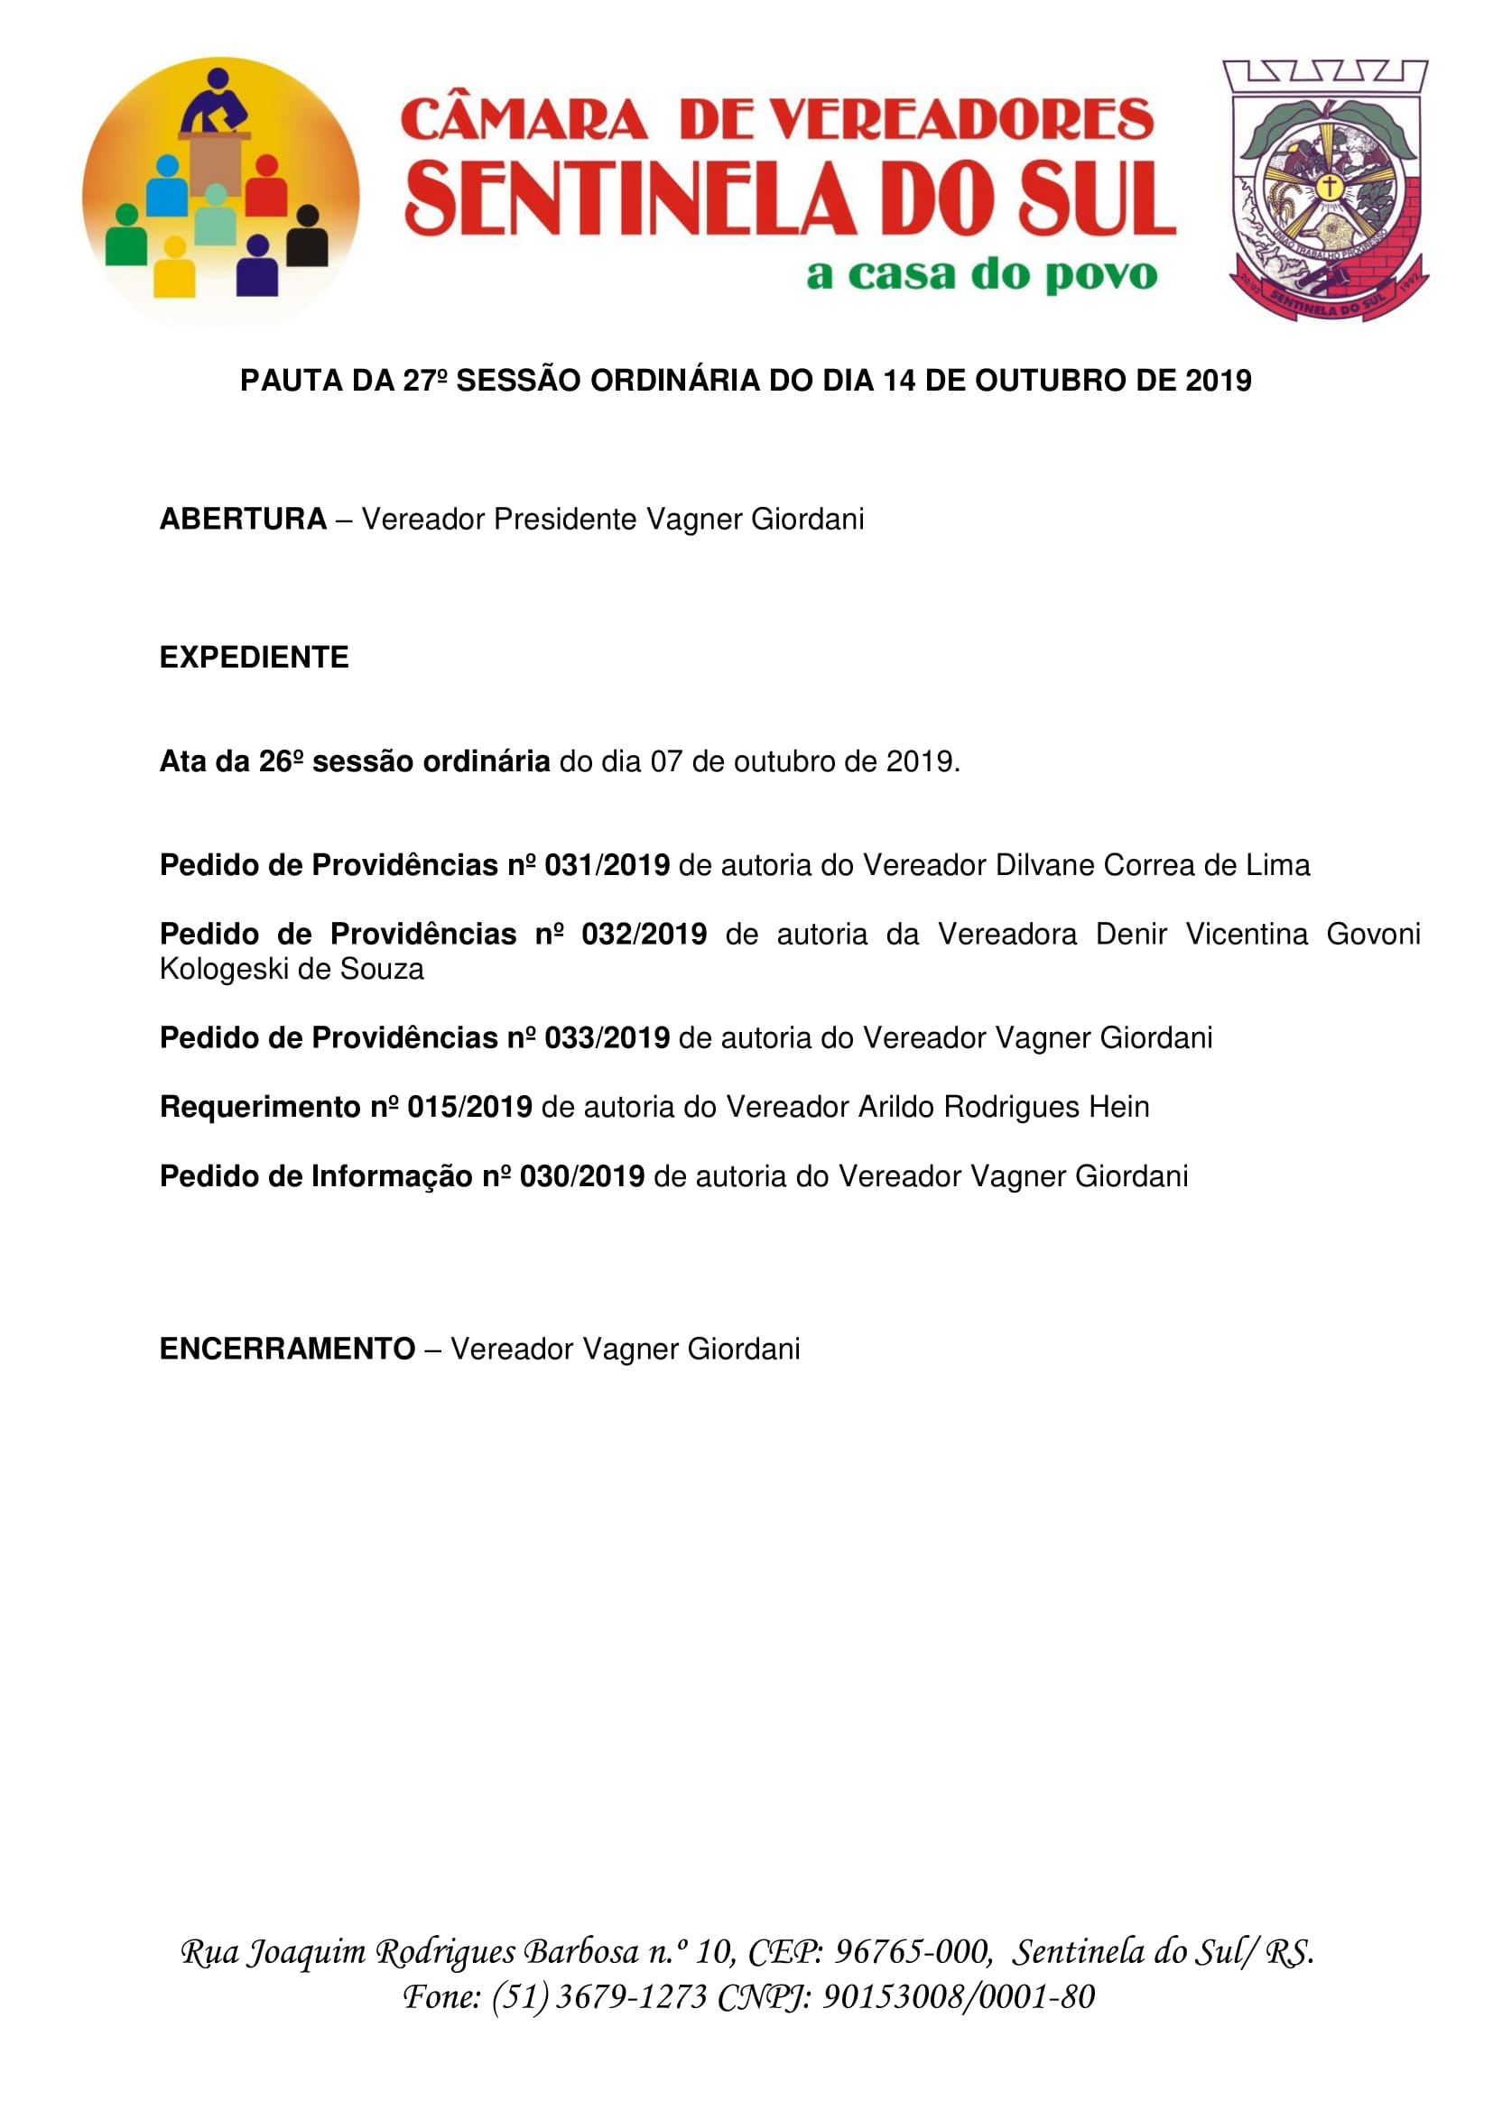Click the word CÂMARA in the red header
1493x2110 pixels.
click(524, 120)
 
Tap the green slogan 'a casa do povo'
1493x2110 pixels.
click(981, 274)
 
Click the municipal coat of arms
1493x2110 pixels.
click(1325, 191)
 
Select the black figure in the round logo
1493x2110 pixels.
click(307, 237)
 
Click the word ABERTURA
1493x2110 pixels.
click(243, 520)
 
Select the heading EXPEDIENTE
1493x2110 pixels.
click(254, 657)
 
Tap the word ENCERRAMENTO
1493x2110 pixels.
click(287, 1349)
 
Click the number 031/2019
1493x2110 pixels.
click(607, 865)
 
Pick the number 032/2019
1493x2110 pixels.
click(644, 934)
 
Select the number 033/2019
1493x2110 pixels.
click(607, 1037)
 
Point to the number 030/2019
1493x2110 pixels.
click(582, 1176)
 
